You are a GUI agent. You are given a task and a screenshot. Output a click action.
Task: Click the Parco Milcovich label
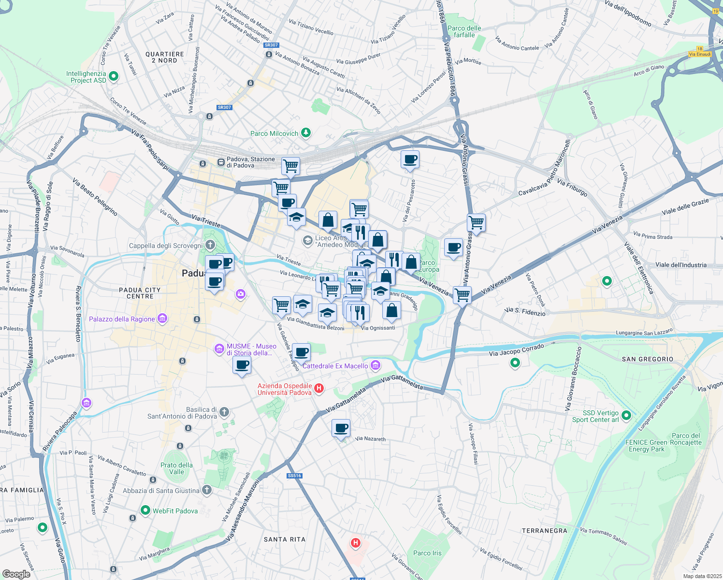[274, 133]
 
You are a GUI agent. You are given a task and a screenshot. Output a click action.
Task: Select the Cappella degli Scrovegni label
[166, 246]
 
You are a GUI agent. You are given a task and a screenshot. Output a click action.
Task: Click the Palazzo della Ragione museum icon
[162, 319]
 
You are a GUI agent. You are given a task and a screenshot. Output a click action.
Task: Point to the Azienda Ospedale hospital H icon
[318, 388]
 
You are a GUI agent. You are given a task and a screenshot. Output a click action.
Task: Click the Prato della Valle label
[176, 468]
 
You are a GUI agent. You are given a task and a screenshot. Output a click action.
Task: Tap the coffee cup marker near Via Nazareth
[341, 428]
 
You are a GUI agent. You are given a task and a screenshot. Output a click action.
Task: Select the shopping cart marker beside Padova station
[290, 166]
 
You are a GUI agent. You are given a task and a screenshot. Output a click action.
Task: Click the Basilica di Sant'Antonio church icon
[224, 412]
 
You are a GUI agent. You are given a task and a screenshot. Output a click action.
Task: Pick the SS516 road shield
[294, 476]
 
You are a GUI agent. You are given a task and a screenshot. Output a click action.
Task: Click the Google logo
[16, 574]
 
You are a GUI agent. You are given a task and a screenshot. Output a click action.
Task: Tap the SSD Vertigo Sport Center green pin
[626, 415]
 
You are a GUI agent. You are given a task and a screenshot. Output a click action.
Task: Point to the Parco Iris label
[427, 553]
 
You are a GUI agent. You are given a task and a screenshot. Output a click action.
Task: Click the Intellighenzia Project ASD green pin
[114, 76]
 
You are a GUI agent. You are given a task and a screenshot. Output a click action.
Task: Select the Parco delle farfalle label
[464, 31]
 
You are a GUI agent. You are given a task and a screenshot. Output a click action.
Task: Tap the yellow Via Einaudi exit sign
[699, 54]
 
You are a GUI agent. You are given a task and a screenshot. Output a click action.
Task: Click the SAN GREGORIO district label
[647, 359]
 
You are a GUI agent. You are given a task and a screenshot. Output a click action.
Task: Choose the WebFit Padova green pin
[145, 510]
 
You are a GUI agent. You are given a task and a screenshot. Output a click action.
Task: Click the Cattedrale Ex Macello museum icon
[376, 365]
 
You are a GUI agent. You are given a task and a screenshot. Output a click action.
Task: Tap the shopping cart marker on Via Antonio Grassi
[476, 223]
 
